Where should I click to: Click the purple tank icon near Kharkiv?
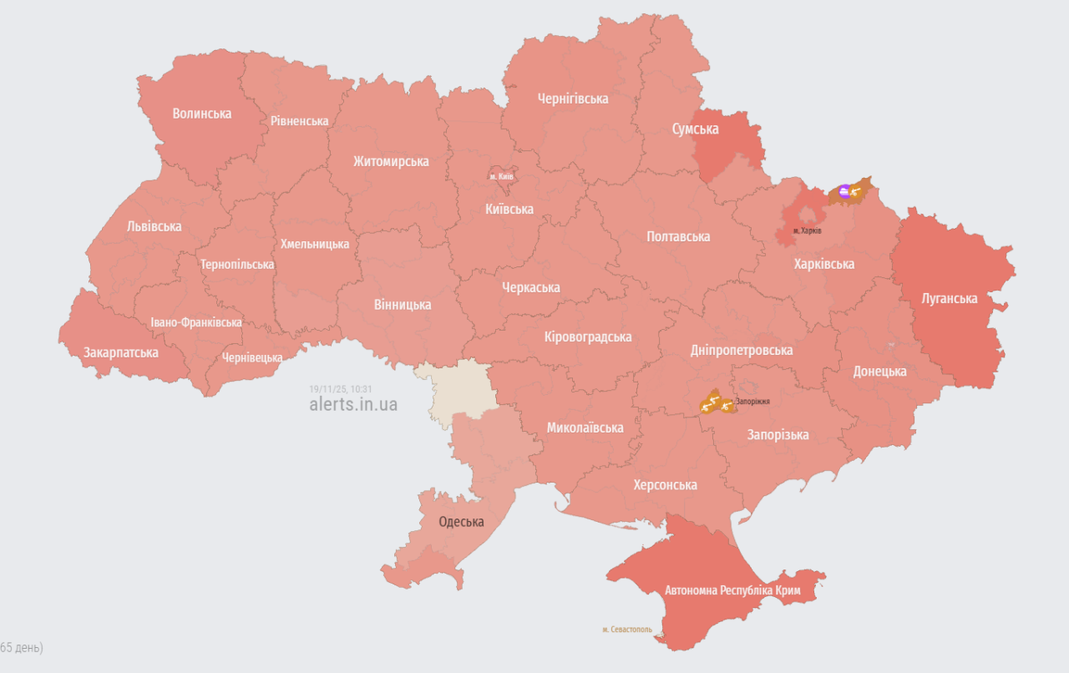844,192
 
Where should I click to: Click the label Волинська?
202,114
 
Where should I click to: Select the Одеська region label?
461,522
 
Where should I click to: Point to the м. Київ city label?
502,177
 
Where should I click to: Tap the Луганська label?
949,298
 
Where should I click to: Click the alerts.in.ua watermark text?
353,405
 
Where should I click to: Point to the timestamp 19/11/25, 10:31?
340,389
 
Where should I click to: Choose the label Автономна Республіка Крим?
732,591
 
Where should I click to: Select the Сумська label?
696,129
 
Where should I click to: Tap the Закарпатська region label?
121,352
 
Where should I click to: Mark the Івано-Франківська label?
196,322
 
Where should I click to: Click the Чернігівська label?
573,99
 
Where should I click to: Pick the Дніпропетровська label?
742,350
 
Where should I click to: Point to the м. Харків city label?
807,230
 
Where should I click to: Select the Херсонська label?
665,485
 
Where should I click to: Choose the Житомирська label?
391,161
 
